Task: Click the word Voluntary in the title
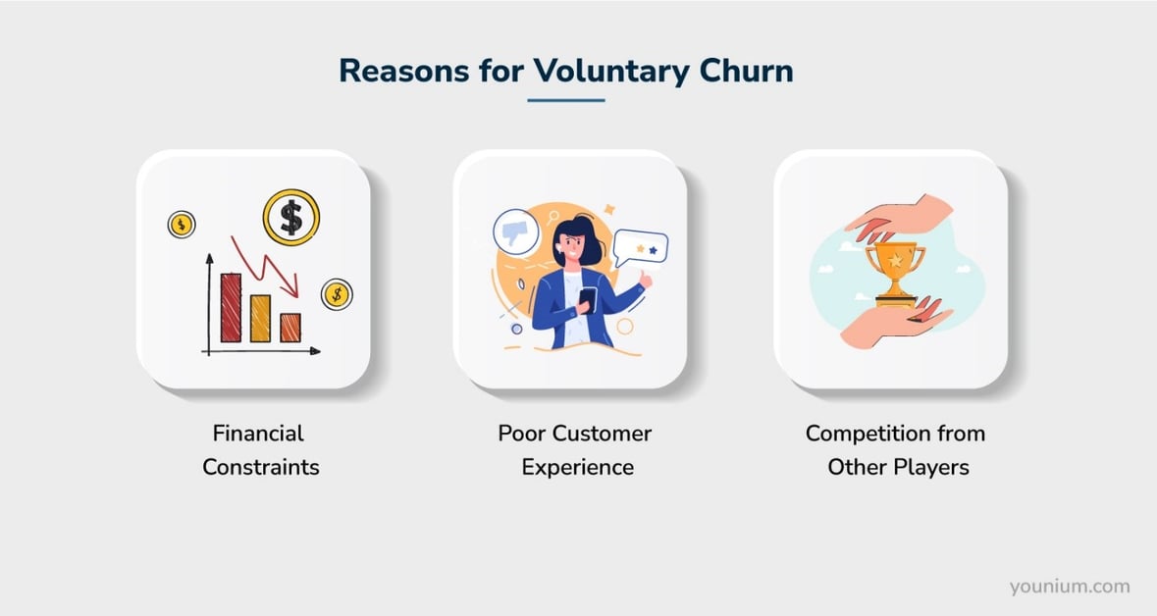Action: [x=612, y=71]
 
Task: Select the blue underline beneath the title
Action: [x=566, y=100]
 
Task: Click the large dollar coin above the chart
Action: [x=291, y=217]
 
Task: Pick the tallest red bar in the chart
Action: [x=231, y=307]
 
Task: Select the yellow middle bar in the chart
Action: [x=260, y=318]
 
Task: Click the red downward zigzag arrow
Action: [x=266, y=263]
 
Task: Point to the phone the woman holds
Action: [x=587, y=298]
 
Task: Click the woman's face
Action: [x=570, y=245]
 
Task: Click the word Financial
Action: [x=258, y=433]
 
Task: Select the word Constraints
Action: [x=260, y=466]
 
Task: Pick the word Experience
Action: [x=577, y=466]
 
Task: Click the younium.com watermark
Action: [x=1070, y=587]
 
